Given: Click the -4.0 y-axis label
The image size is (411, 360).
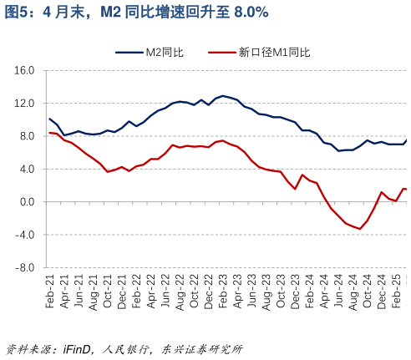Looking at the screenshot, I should [x=24, y=235].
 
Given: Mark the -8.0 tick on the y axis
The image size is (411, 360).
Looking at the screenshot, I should [x=24, y=268].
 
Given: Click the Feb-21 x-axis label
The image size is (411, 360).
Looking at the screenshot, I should [x=50, y=292].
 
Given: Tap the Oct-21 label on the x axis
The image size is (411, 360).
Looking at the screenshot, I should [x=108, y=292].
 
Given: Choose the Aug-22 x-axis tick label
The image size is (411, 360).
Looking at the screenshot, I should [x=180, y=292].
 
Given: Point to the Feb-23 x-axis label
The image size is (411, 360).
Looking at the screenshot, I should [x=223, y=292].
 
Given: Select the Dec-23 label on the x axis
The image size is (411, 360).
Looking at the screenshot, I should [x=295, y=292].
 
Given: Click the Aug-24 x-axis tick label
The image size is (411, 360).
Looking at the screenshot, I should [x=353, y=292].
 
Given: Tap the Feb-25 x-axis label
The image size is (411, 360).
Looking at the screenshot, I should [x=396, y=292].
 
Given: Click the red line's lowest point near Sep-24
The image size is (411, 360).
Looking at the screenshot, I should [x=360, y=229].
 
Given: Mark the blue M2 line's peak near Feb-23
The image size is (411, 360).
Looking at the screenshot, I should [x=223, y=96].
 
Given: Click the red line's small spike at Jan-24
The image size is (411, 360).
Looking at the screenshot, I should [x=302, y=175].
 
